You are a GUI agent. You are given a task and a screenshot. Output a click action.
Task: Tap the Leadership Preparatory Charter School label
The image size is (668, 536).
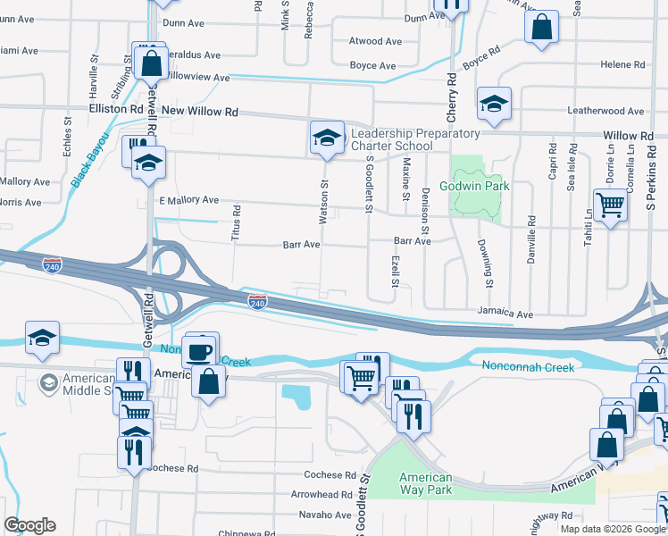[415, 140]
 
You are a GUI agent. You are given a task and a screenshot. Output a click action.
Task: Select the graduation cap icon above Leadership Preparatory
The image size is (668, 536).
[327, 138]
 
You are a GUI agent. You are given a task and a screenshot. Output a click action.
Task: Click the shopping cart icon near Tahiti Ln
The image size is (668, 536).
[611, 205]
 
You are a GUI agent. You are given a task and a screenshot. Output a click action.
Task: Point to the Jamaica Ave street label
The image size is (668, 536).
[505, 314]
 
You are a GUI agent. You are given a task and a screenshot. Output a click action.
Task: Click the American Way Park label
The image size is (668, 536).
[426, 483]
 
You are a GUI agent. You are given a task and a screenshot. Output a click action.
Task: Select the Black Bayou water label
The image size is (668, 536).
[89, 161]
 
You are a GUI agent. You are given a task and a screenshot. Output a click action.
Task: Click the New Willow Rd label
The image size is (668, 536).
[200, 113]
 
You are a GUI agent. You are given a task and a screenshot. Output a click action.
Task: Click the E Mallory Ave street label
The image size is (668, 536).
[188, 200]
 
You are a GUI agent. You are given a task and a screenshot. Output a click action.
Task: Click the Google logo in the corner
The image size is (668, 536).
[29, 525]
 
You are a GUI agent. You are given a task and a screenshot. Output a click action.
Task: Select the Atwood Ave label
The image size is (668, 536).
[376, 41]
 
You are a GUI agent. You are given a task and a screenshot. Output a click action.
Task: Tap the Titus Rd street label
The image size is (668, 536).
[237, 222]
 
